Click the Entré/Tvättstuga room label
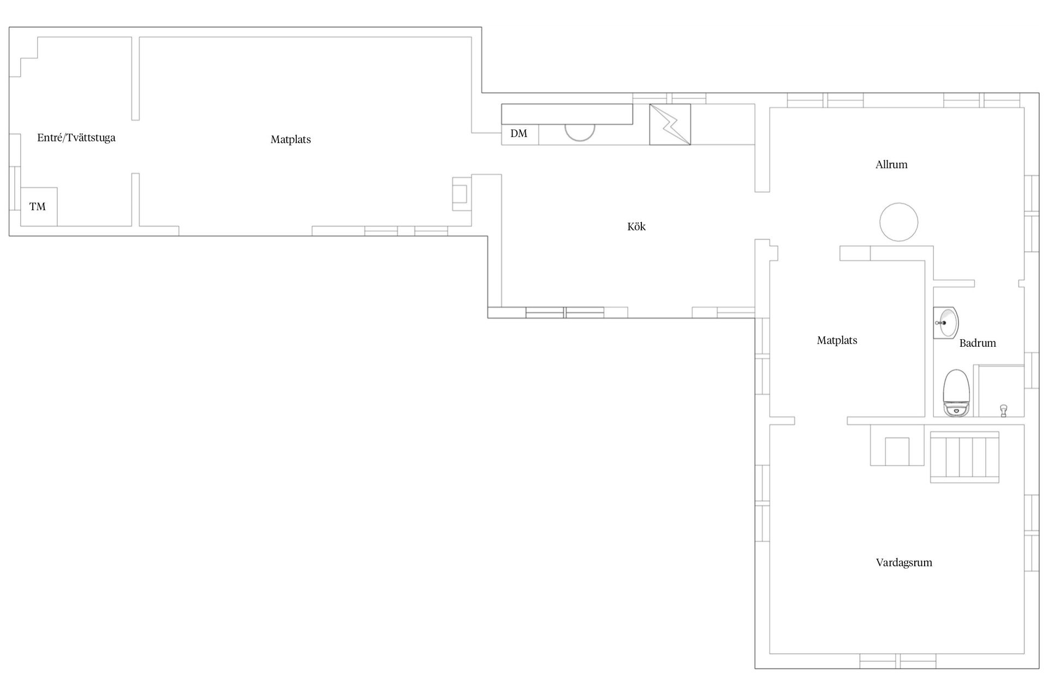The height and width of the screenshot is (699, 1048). (x=76, y=138)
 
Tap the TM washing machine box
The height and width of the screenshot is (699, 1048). (x=39, y=206)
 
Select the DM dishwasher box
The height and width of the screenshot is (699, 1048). (x=520, y=134)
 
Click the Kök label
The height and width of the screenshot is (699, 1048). (x=636, y=227)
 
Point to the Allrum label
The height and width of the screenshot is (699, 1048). (x=891, y=164)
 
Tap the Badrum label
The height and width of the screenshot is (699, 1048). (x=978, y=343)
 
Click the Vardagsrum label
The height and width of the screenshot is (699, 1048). (x=904, y=562)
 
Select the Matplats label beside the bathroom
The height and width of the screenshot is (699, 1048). (x=837, y=340)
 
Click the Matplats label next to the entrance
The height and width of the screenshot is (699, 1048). (x=290, y=139)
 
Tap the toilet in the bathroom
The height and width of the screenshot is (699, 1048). (x=956, y=393)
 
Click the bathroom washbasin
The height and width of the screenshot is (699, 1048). (x=946, y=323)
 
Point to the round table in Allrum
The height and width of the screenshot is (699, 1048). (x=898, y=222)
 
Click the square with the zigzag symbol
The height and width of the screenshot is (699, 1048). (x=670, y=125)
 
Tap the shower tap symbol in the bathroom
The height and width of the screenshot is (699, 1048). (x=1003, y=411)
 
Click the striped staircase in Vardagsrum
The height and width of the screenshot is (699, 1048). (x=964, y=457)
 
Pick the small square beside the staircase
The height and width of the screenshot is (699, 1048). (x=896, y=451)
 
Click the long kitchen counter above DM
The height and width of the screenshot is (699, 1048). (x=567, y=114)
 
